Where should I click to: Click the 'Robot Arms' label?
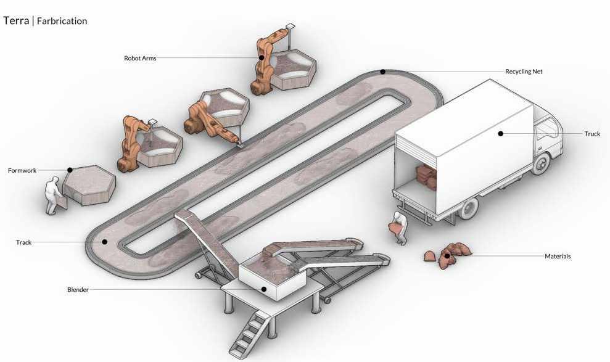[140, 59]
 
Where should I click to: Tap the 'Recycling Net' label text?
[524, 72]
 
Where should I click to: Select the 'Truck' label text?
[592, 134]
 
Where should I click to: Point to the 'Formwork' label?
[23, 170]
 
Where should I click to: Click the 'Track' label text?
[23, 243]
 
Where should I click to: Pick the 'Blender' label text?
[78, 290]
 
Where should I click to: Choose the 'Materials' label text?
[558, 256]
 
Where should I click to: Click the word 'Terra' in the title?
[15, 20]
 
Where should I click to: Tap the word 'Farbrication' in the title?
[62, 21]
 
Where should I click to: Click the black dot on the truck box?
[501, 133]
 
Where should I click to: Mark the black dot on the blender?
[263, 289]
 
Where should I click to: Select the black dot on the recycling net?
[382, 72]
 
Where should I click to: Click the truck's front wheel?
[542, 162]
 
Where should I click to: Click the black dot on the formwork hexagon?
[70, 170]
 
